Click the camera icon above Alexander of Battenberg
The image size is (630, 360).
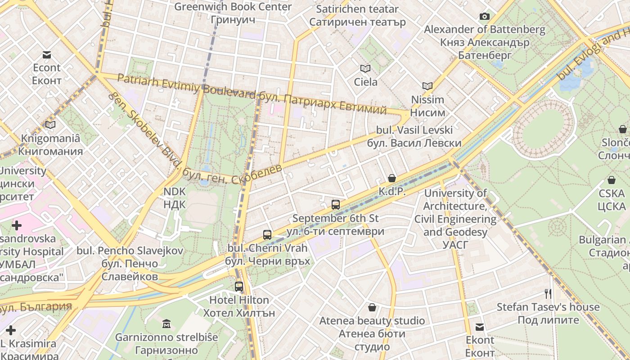pyautogui.click(x=485, y=17)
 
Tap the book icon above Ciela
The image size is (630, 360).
pyautogui.click(x=365, y=69)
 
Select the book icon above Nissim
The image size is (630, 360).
pyautogui.click(x=427, y=86)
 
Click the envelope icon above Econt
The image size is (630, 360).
pyautogui.click(x=47, y=55)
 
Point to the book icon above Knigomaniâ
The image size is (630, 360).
pyautogui.click(x=50, y=125)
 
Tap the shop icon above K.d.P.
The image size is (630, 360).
pyautogui.click(x=392, y=178)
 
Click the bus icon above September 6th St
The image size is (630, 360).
pyautogui.click(x=336, y=205)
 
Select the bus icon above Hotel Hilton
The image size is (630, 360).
pyautogui.click(x=239, y=286)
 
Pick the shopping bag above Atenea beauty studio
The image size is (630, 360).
pyautogui.click(x=372, y=307)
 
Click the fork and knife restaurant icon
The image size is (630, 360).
pyautogui.click(x=548, y=294)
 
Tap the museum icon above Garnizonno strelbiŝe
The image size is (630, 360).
pyautogui.click(x=166, y=324)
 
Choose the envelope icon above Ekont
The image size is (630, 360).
pyautogui.click(x=480, y=327)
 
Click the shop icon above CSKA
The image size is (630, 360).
pyautogui.click(x=612, y=180)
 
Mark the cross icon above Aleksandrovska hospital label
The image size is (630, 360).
pyautogui.click(x=17, y=225)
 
